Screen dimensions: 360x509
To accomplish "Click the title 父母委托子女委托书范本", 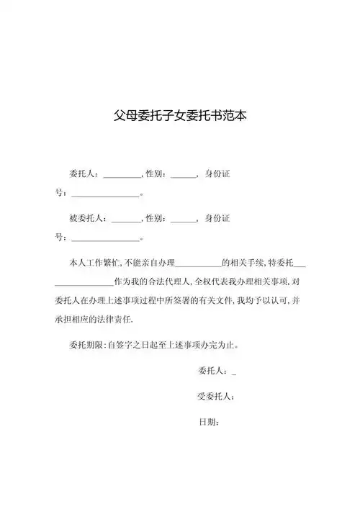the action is point(180,115).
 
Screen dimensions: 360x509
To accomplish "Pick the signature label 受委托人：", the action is point(215,396).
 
